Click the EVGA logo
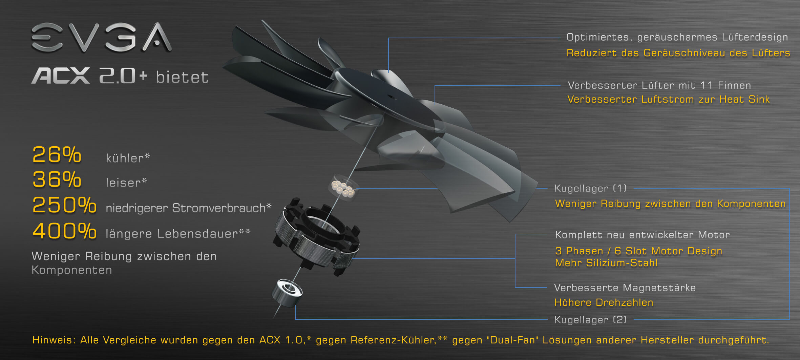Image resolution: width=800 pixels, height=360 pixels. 102,37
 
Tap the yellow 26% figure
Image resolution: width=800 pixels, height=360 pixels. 57,155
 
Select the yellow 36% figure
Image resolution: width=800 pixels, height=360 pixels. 57,179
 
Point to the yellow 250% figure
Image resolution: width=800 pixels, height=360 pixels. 64,205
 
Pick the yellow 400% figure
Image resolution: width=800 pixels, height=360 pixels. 64,231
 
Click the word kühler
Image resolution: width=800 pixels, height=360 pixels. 125,158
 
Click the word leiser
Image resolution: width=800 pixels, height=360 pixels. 123,183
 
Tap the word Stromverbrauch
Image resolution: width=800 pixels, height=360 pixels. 219,208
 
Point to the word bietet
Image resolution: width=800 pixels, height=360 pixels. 182,77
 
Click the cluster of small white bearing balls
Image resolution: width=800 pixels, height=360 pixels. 343,189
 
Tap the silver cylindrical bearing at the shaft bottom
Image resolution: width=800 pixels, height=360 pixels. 287,293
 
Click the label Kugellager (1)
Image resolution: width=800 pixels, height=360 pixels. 590,188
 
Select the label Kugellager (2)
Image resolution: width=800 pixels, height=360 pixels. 590,319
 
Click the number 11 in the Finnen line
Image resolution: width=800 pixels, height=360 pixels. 707,85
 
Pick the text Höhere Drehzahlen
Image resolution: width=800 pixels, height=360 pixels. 604,302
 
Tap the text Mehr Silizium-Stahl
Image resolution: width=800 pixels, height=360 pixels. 606,263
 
